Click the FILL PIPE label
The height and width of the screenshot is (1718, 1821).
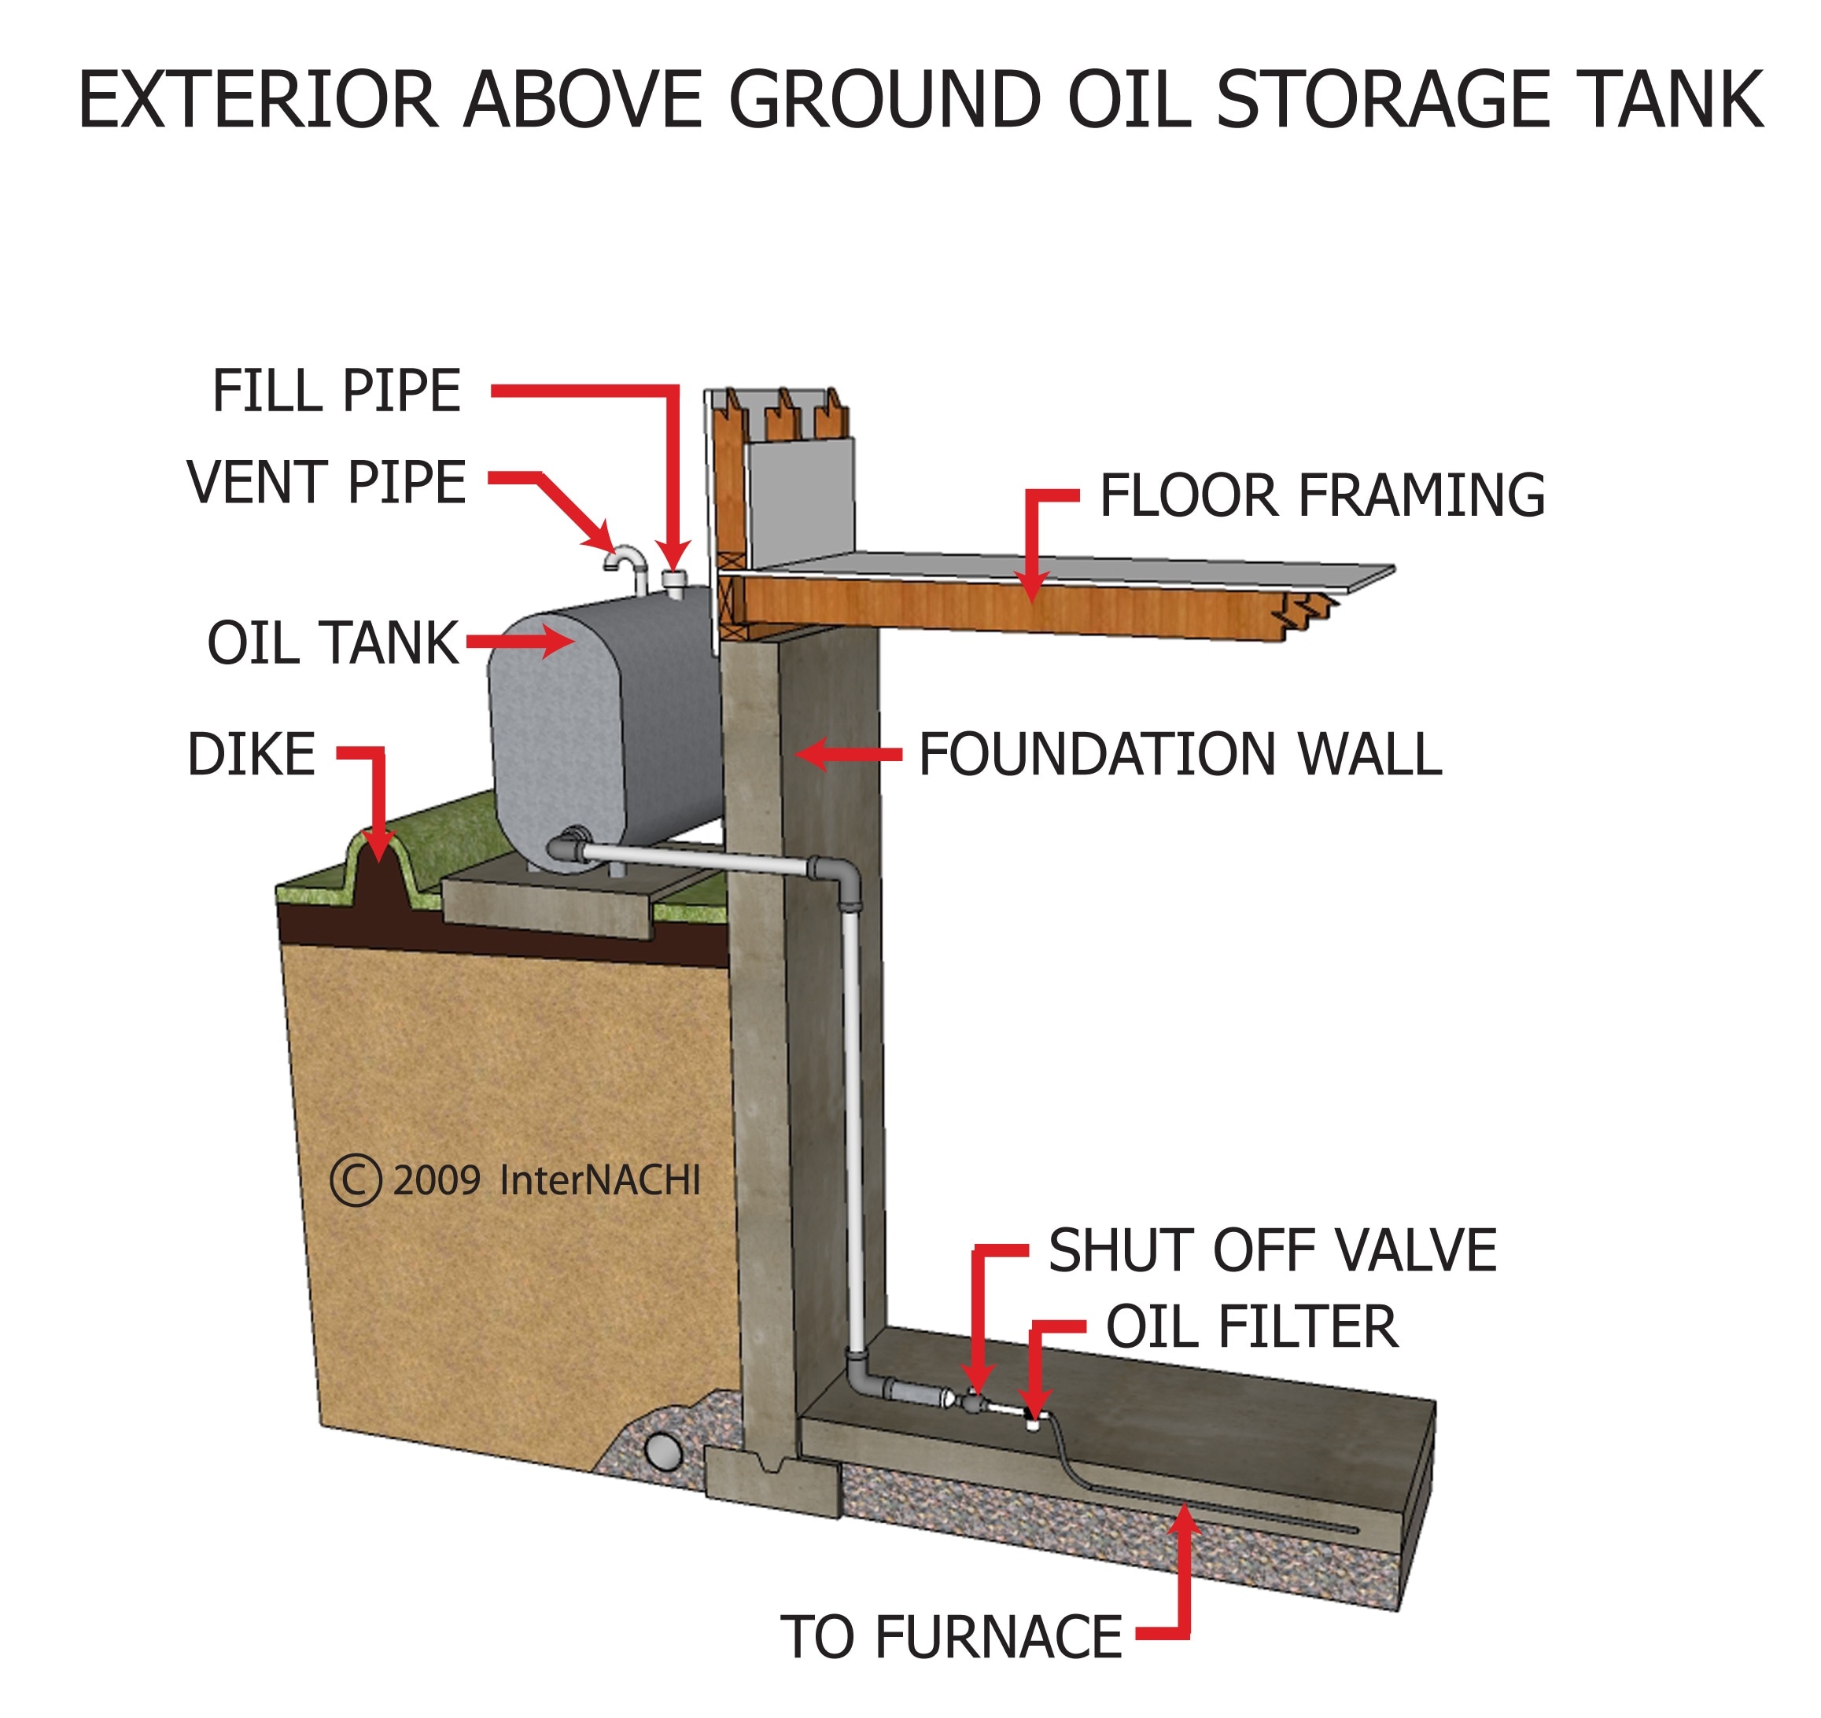(x=336, y=391)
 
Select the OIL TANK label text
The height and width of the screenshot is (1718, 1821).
(x=333, y=643)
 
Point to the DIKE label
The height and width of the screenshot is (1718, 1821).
(x=251, y=755)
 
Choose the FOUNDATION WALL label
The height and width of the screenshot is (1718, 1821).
(x=1180, y=755)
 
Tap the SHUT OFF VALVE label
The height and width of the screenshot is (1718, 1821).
(x=1272, y=1250)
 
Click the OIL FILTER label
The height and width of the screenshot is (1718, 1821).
(x=1252, y=1327)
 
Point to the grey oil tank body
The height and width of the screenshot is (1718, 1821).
(x=605, y=723)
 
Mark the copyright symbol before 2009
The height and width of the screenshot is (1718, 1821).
(x=356, y=1180)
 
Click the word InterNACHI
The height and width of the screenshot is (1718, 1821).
(x=600, y=1180)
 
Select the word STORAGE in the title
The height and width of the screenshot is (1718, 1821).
(x=1380, y=100)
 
